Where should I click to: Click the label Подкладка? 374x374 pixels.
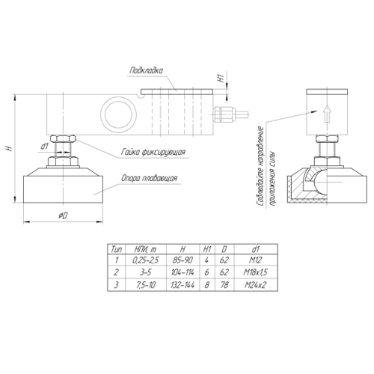[146, 70]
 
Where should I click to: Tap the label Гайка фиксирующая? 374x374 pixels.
[153, 152]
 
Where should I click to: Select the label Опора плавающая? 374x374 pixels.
[150, 179]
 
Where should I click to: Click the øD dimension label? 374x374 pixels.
[63, 216]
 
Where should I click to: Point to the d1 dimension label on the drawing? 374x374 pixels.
[45, 147]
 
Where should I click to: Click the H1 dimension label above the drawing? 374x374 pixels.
[221, 76]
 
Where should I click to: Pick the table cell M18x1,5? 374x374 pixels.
[256, 272]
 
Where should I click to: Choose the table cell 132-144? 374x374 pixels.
[183, 285]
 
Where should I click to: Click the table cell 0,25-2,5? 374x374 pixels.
[145, 260]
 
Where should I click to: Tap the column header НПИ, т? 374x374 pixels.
[145, 249]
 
